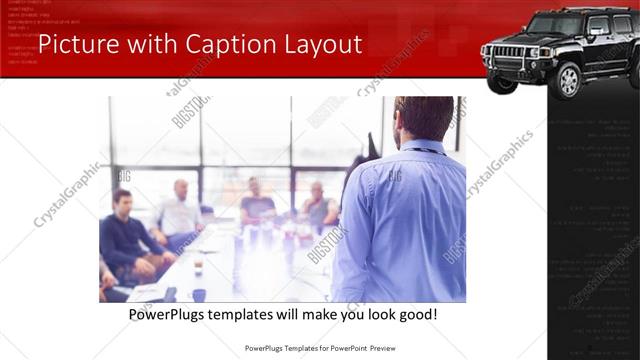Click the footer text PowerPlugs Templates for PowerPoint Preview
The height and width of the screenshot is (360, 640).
319,349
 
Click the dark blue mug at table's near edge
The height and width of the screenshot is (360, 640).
199,295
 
